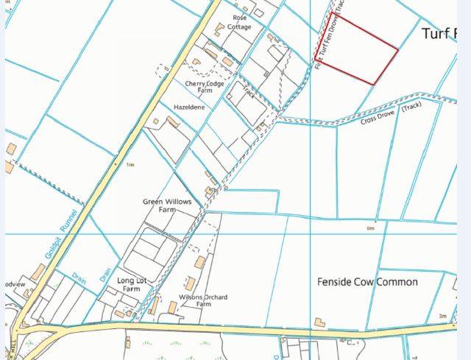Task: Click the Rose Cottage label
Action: (238, 22)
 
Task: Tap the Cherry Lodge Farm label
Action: (205, 88)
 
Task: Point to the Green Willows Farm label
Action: (161, 205)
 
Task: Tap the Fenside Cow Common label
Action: (367, 282)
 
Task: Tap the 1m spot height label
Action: (130, 165)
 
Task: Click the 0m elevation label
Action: (371, 228)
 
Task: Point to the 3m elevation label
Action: (441, 316)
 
